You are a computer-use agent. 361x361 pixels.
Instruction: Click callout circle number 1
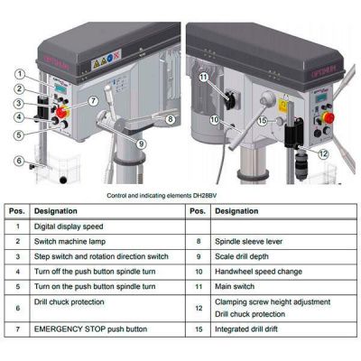[18, 74]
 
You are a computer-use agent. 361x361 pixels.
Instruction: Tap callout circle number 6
[18, 161]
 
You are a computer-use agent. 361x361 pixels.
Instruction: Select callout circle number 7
[94, 99]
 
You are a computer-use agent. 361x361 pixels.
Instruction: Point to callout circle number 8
[171, 116]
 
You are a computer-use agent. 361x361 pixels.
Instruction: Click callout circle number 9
[142, 143]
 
